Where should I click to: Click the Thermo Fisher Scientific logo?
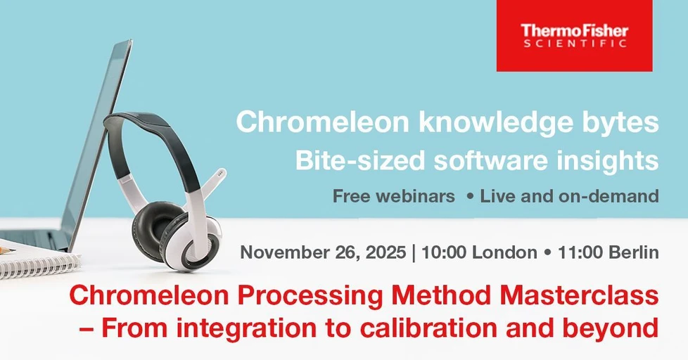[574, 35]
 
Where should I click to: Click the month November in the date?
[284, 252]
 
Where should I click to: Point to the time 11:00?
[575, 252]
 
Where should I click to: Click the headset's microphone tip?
[221, 172]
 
